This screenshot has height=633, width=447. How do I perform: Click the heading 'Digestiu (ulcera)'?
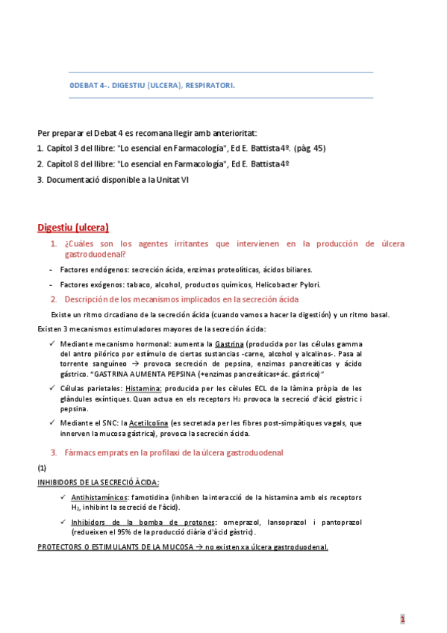(x=73, y=228)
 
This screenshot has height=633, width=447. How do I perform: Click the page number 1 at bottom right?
(x=402, y=619)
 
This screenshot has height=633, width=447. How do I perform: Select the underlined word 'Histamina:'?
(x=143, y=388)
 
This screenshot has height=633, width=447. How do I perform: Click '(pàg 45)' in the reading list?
(x=309, y=148)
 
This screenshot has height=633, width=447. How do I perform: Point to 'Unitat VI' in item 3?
(x=172, y=179)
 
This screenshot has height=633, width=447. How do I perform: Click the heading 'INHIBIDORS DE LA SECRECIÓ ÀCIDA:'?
(x=98, y=482)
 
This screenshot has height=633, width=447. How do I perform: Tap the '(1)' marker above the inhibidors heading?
(x=42, y=467)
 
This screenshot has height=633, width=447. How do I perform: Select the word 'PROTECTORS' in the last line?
(x=58, y=547)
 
